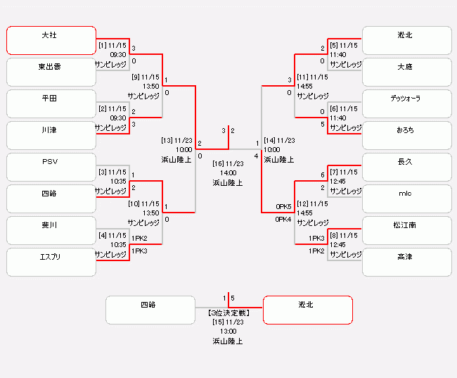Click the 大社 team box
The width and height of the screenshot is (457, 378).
(51, 40)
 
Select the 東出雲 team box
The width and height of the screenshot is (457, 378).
(51, 72)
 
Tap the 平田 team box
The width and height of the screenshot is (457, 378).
(51, 103)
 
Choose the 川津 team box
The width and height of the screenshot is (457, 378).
(51, 135)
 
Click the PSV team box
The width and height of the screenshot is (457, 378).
(51, 167)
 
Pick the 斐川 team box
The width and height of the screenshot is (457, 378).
(51, 230)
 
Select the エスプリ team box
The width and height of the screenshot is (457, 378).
(51, 262)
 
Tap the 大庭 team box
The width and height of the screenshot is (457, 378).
(406, 72)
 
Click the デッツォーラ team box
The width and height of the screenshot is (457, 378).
(406, 103)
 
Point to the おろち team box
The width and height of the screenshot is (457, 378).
(406, 135)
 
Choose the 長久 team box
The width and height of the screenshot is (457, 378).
(406, 167)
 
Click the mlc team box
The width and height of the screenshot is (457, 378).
(406, 199)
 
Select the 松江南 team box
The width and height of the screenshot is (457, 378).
(406, 230)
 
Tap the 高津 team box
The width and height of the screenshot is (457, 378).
(406, 262)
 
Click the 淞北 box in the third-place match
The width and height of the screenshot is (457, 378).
(307, 310)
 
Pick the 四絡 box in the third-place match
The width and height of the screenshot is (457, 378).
(150, 310)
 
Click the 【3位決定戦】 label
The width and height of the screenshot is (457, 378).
(228, 312)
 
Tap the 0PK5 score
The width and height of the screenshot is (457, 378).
(283, 207)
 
